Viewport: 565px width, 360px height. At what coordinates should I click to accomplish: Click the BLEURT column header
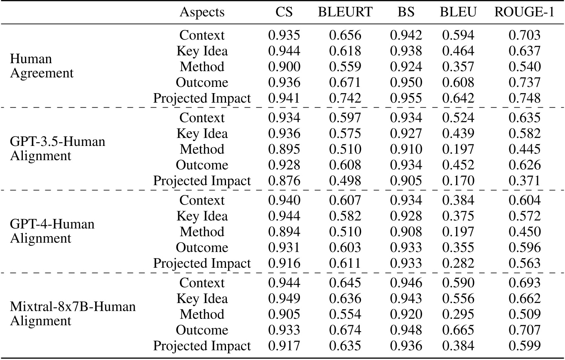click(x=345, y=12)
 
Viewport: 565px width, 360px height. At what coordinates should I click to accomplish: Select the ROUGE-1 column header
click(x=524, y=12)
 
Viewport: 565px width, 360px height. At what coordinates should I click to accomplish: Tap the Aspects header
click(x=202, y=12)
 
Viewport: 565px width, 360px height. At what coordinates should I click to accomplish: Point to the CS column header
click(x=284, y=12)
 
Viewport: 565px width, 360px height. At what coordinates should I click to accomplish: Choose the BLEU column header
click(x=457, y=12)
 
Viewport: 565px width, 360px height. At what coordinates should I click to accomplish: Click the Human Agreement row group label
click(x=42, y=67)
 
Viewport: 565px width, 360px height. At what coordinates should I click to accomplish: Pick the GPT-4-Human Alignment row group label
click(x=52, y=231)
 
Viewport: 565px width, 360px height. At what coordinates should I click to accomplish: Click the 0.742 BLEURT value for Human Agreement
click(x=345, y=99)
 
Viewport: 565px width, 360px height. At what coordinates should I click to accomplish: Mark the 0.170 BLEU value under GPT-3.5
click(x=457, y=181)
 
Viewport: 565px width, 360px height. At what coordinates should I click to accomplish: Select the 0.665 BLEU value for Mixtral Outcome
click(x=457, y=330)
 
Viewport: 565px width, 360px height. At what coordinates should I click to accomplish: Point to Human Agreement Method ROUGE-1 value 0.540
click(x=524, y=67)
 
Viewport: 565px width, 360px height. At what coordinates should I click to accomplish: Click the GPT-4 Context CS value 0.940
click(x=284, y=200)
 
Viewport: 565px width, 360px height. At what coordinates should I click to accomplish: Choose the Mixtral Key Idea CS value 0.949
click(x=284, y=299)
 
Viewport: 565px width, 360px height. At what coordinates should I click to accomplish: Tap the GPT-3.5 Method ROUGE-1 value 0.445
click(x=524, y=149)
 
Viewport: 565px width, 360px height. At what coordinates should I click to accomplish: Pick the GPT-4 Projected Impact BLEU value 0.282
click(x=457, y=264)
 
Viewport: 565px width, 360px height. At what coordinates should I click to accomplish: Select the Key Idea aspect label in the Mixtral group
click(x=202, y=299)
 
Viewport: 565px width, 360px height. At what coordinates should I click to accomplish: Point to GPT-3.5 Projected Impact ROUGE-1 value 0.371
click(x=524, y=181)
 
